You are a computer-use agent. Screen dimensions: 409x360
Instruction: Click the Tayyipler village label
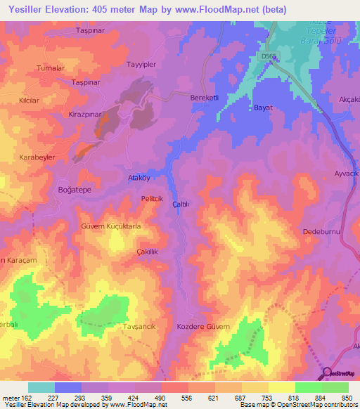139,65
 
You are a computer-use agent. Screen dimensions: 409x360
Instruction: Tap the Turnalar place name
51,68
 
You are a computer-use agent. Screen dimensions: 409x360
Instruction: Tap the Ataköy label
139,178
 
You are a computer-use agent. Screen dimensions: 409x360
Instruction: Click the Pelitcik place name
152,200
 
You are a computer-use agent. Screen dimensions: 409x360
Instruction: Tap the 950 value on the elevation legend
347,398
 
